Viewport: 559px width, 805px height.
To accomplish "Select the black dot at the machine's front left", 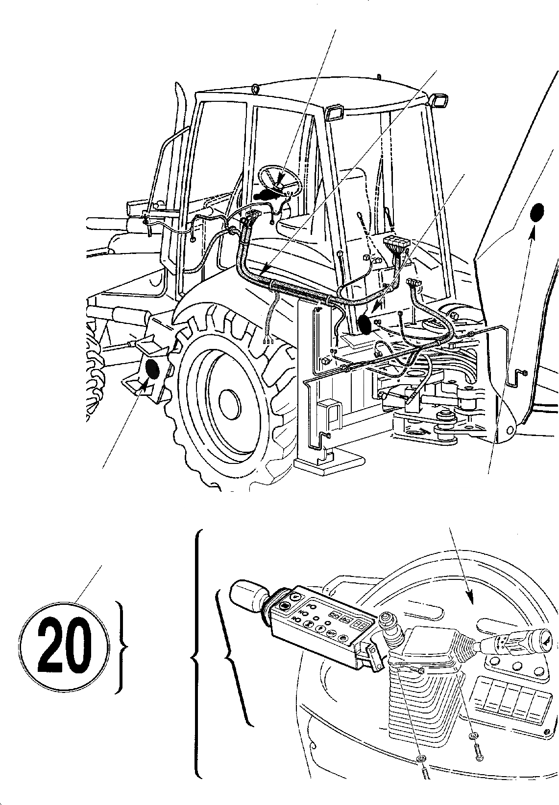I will click(x=152, y=369).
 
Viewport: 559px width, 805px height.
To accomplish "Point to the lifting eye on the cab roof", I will click(x=255, y=89).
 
